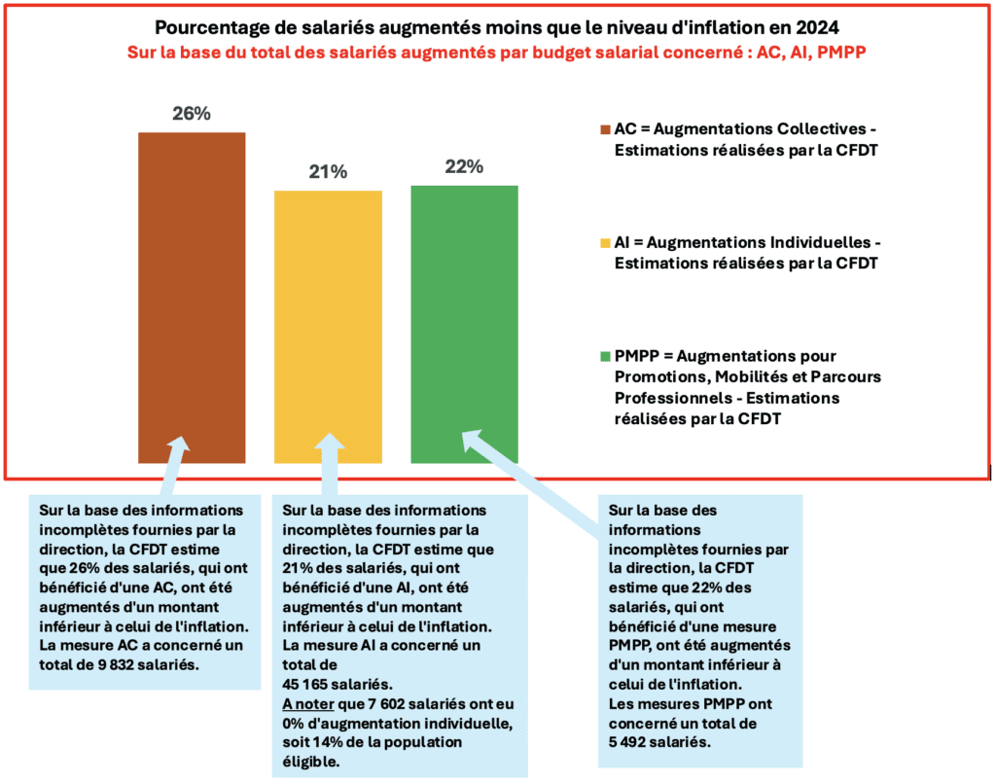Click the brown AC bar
tap(192, 292)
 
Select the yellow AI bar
tap(328, 321)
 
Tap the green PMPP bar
tap(464, 321)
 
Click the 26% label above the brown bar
tap(192, 114)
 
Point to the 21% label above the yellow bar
tap(328, 172)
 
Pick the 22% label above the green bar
tap(464, 166)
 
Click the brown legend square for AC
tap(605, 129)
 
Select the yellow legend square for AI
tap(605, 242)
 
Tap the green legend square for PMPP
tap(605, 356)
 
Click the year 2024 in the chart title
tap(813, 28)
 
